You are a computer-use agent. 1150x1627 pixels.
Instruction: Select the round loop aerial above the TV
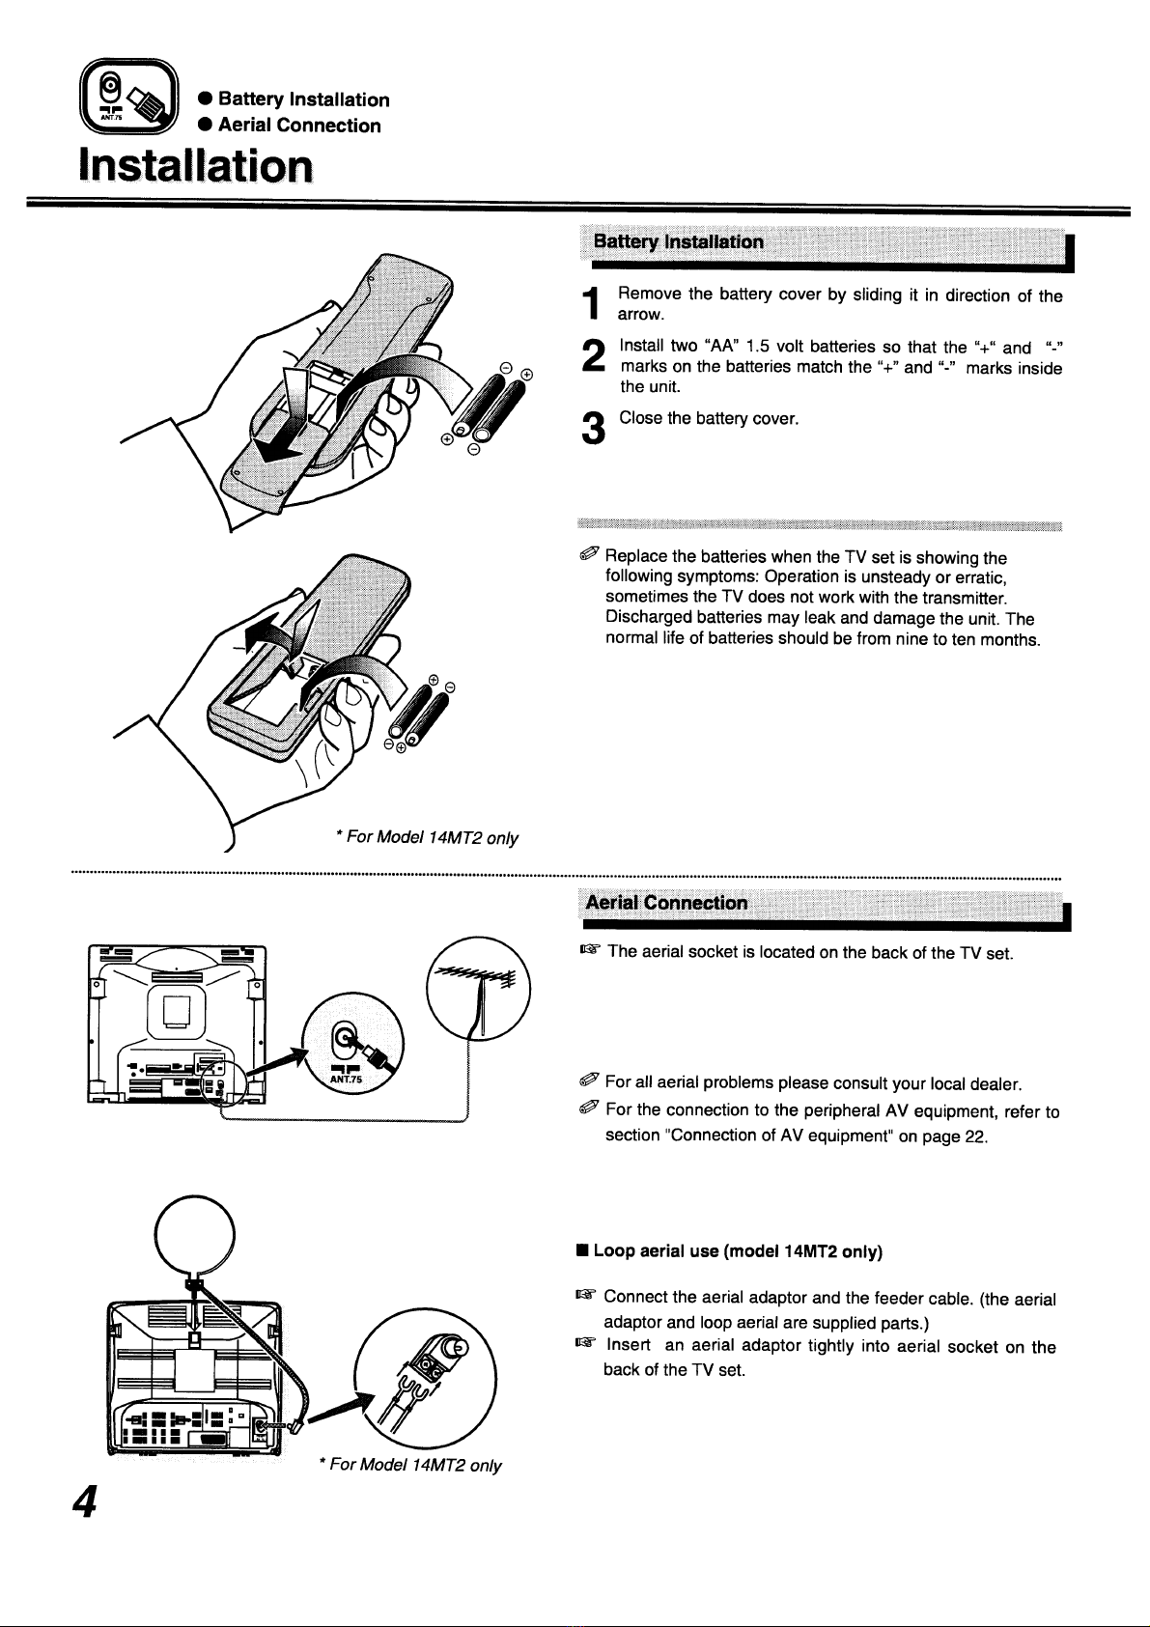click(196, 1237)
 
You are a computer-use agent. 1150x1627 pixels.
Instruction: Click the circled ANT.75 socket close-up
click(353, 1049)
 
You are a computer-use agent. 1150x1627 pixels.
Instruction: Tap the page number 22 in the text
click(974, 1136)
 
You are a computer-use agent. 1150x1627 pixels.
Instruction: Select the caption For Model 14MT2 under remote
click(427, 838)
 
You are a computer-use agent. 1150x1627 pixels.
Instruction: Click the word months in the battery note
click(1008, 639)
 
